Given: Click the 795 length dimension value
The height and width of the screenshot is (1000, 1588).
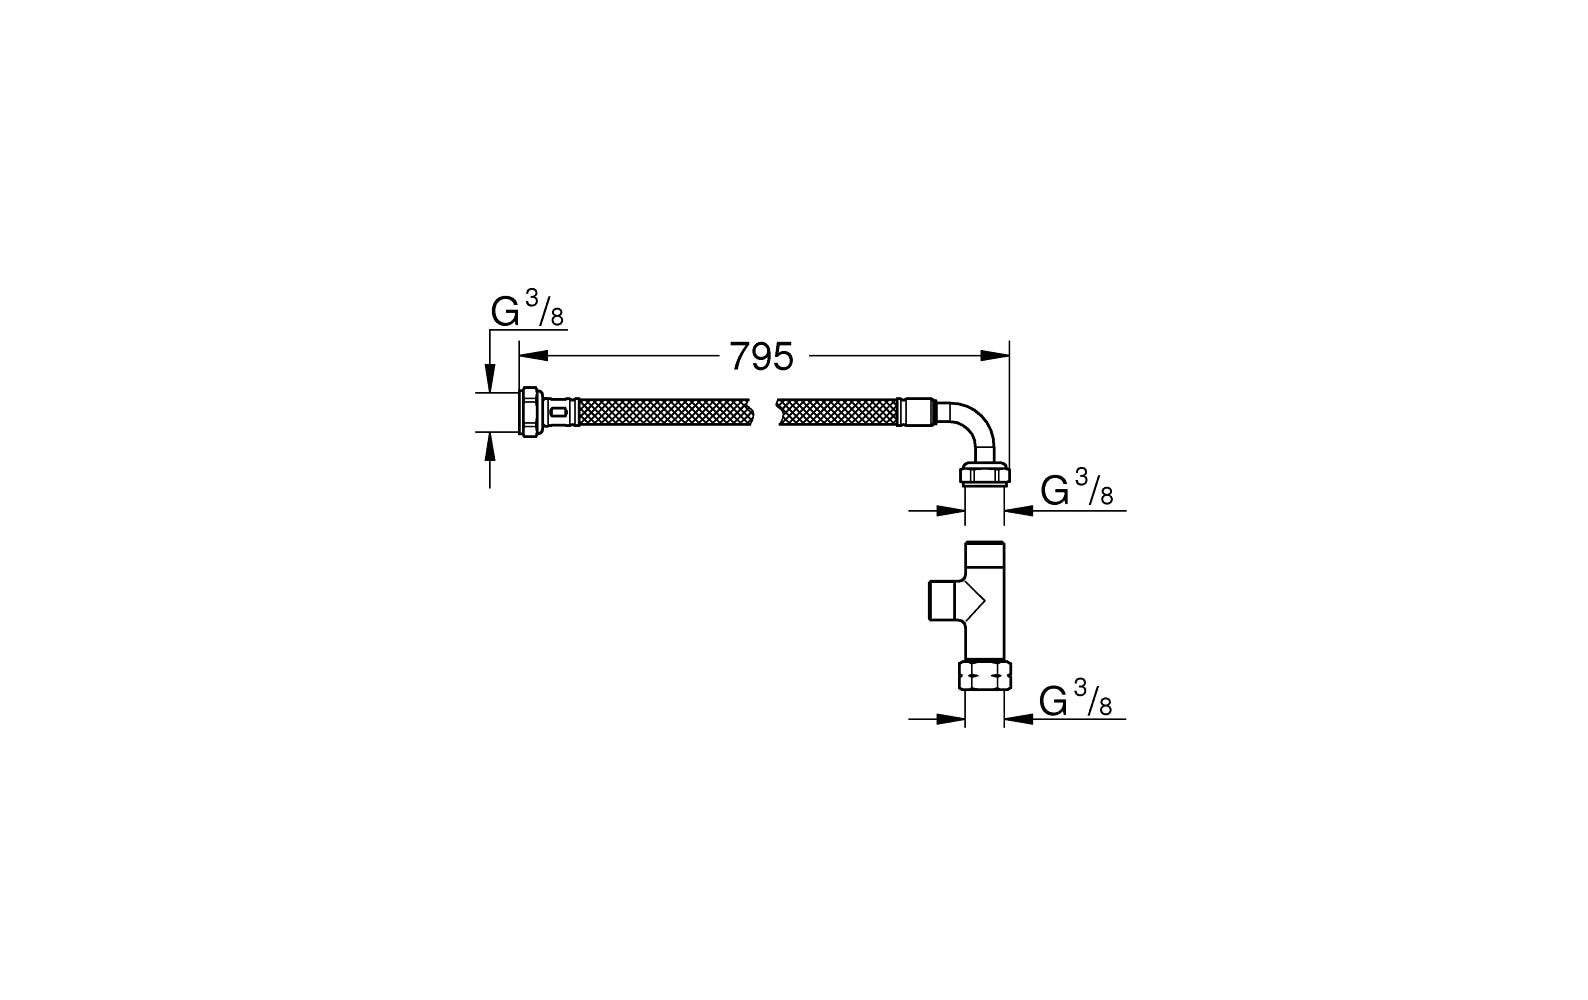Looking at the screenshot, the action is click(x=761, y=357).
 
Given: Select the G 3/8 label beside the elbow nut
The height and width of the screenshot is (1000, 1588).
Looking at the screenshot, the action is click(x=1076, y=488).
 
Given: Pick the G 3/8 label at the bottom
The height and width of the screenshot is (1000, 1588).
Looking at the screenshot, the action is click(x=1075, y=697).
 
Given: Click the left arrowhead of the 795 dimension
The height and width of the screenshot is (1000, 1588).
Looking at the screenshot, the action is click(x=535, y=356).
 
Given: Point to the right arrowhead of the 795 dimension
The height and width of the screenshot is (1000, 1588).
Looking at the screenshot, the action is click(x=995, y=356).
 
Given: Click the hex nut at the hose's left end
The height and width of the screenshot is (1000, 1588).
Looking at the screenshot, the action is click(x=531, y=412).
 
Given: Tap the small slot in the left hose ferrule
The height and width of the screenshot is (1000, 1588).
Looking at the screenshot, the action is click(x=559, y=412).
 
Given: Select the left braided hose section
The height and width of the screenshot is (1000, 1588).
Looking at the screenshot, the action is click(x=665, y=412).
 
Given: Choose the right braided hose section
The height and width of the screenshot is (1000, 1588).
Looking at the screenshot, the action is click(x=838, y=412).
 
